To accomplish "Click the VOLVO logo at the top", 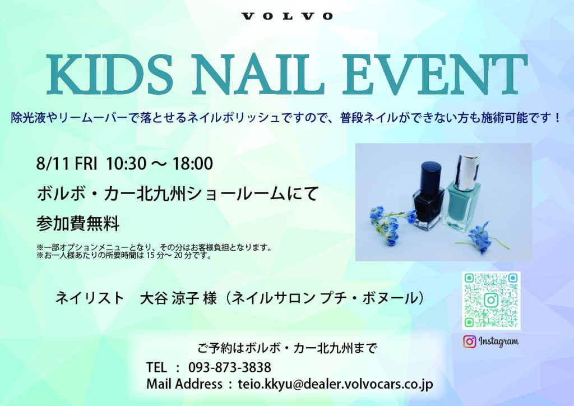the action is [x=287, y=16].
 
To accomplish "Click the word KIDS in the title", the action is [x=110, y=74].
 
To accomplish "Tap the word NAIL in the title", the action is [x=258, y=74].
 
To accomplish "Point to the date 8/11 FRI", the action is [x=67, y=164].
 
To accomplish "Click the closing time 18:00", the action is [x=193, y=164].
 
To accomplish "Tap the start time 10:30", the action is [x=126, y=164].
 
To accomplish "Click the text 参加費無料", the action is [x=78, y=223].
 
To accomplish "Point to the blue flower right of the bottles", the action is [x=480, y=237].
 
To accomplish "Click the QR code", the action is [x=491, y=301].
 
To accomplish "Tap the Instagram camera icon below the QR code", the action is [x=470, y=342].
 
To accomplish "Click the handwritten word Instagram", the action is [x=498, y=342].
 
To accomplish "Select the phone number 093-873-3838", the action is [x=230, y=367].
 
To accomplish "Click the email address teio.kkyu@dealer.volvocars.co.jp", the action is [x=335, y=384].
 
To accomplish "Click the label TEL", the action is [x=156, y=367].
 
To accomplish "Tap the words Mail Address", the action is [x=184, y=384].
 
